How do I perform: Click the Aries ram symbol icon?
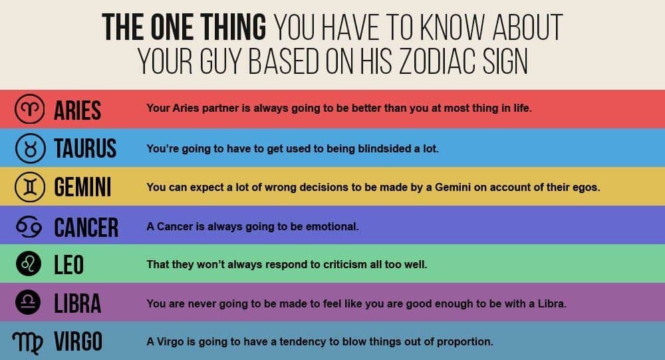click(x=29, y=109)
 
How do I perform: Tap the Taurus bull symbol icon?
click(x=30, y=148)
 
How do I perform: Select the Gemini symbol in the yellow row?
click(x=29, y=187)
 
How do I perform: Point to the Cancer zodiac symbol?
click(x=29, y=226)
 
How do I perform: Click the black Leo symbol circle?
click(x=29, y=264)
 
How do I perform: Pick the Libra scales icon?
click(x=28, y=302)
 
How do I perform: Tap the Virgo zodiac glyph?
click(x=27, y=342)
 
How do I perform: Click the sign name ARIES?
click(x=78, y=110)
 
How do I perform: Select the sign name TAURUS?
click(x=85, y=148)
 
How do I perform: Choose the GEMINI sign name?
click(x=82, y=187)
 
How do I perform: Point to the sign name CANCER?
click(x=86, y=227)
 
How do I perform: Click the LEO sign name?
click(x=68, y=265)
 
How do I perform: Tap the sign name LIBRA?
click(x=78, y=303)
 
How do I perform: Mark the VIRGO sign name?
click(x=78, y=341)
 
